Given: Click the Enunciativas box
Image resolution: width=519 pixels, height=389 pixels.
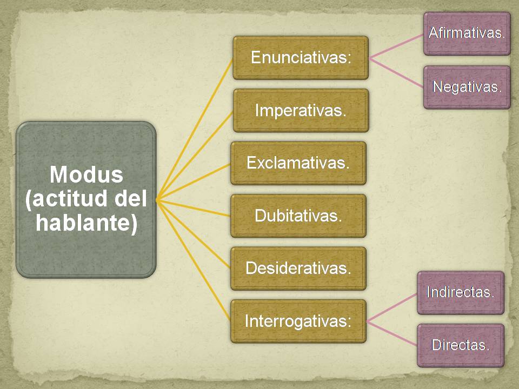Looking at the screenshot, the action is coord(301,58).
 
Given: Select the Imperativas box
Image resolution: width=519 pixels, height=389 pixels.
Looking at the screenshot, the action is coord(301,110).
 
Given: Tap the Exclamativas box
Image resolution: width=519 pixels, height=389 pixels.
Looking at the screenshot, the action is coord(298,163).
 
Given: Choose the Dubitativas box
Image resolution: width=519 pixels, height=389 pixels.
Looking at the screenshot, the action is coord(298,216).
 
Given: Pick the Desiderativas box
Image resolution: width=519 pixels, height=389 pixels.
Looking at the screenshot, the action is coord(298,269).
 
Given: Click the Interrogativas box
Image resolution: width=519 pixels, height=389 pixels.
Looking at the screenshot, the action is coord(298,321).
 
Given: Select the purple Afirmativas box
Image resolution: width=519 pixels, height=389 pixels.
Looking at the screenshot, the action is coord(467,33).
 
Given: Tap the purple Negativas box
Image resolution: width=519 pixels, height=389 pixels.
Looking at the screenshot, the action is coord(467,88).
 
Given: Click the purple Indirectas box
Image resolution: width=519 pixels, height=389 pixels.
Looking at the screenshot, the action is coord(461,293).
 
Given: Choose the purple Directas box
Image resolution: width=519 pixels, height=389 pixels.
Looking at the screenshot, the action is coord(461,345).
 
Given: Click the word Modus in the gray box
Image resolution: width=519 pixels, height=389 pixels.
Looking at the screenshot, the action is coord(86,175).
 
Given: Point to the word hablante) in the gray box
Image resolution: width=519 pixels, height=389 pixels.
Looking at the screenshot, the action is coord(86,223).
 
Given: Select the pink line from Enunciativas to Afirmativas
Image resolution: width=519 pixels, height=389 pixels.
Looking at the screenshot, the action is coord(396,46).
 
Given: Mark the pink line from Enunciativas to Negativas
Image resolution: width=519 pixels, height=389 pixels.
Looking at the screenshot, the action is coord(396,73).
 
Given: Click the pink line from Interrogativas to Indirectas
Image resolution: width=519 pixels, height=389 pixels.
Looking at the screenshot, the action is coord(392,307).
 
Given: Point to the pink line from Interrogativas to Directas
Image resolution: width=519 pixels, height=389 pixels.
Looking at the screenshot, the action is coord(392,333).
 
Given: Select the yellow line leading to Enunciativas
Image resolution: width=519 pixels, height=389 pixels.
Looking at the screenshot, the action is coord(195,130).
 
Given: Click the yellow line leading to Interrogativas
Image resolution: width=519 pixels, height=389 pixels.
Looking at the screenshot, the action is coord(194,260).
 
